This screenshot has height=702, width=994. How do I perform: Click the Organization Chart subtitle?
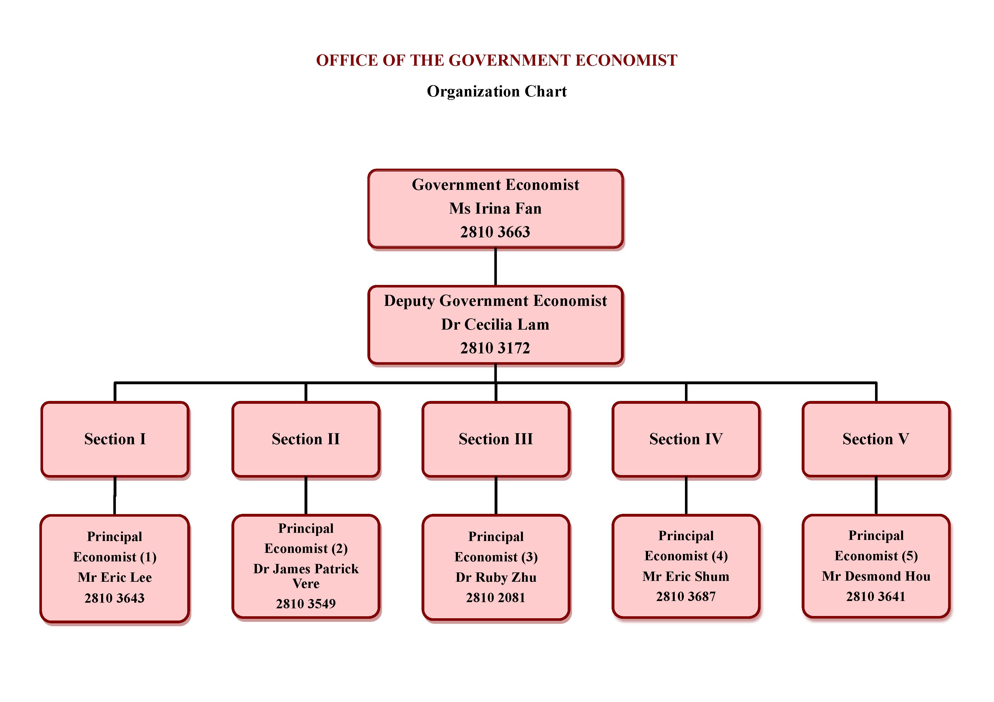pos(497,91)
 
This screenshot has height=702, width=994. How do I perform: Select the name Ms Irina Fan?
pos(495,209)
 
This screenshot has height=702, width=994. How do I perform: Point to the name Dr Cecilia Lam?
pos(495,324)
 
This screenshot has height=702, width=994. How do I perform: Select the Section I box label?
pos(115,439)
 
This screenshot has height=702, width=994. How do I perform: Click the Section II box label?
pos(306,439)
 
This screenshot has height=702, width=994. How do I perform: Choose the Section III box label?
pos(496,439)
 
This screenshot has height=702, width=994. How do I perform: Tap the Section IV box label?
pos(686,439)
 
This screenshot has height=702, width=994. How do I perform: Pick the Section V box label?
pos(876,439)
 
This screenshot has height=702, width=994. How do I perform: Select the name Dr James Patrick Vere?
pos(306,575)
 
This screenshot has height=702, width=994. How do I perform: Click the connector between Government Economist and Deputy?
pos(495,267)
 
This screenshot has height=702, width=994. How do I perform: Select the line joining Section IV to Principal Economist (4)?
pos(686,496)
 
